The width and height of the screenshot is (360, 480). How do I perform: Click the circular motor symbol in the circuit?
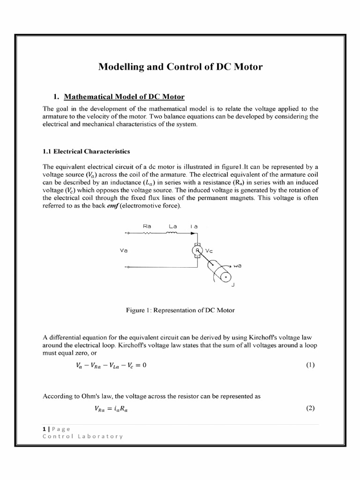pos(197,250)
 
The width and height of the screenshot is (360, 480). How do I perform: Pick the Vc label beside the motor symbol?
pos(210,251)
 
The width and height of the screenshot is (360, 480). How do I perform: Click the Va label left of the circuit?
pos(124,251)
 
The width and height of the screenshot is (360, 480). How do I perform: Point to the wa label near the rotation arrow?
pos(243,265)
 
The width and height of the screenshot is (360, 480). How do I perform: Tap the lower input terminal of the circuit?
pos(126,268)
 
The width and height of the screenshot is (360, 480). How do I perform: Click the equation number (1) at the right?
pos(310,365)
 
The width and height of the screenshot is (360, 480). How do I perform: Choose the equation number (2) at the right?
pos(310,408)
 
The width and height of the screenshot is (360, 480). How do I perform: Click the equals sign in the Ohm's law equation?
pos(111,408)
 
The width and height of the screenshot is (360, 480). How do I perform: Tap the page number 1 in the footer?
pos(44,428)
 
